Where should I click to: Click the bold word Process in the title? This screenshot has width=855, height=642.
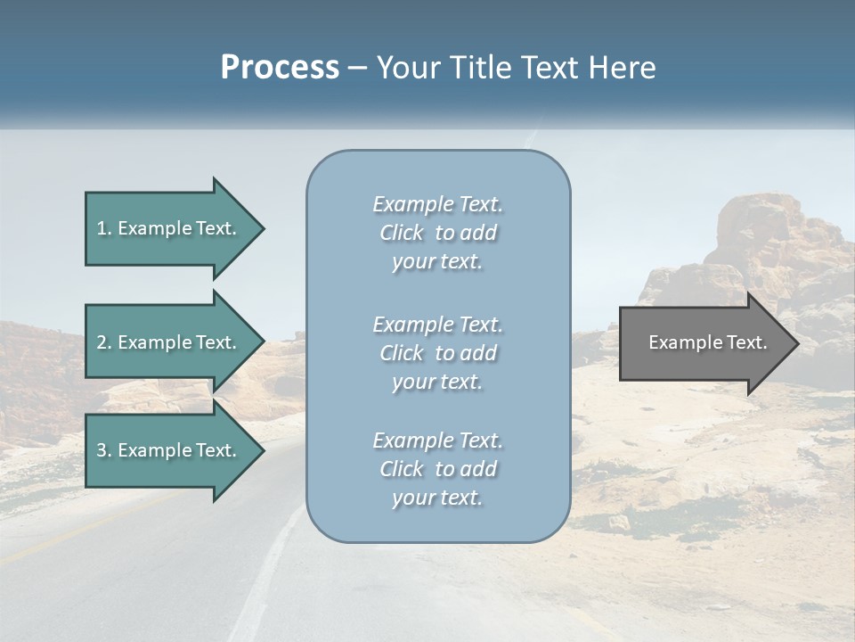pyautogui.click(x=280, y=68)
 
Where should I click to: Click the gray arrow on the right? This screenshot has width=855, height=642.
pyautogui.click(x=704, y=343)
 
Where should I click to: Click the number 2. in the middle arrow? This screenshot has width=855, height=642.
pyautogui.click(x=104, y=342)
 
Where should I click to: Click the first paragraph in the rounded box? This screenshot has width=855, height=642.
pyautogui.click(x=437, y=233)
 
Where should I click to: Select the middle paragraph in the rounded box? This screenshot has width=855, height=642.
pyautogui.click(x=437, y=353)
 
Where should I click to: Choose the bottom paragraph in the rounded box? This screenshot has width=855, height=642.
pyautogui.click(x=437, y=469)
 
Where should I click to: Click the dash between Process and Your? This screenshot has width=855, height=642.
pyautogui.click(x=358, y=68)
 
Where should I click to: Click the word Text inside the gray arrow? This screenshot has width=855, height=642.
pyautogui.click(x=749, y=342)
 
